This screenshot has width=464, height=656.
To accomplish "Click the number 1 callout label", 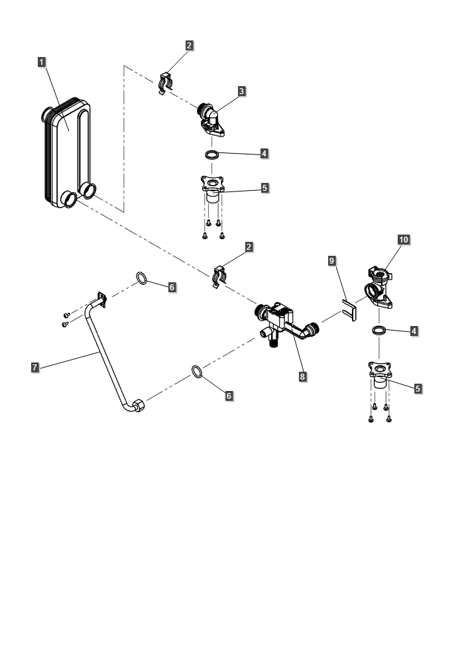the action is [41, 62].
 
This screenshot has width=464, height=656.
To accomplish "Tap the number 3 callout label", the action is [241, 91].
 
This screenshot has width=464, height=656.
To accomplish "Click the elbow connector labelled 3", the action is [211, 120].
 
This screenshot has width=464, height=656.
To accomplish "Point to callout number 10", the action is [403, 240].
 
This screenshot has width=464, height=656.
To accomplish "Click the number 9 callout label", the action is [332, 261].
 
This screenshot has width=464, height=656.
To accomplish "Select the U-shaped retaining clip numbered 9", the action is [349, 310].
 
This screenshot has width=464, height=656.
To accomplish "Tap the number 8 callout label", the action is [302, 376].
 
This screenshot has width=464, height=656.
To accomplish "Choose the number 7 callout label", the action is [35, 367].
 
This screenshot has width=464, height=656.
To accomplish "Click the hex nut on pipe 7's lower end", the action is [139, 406].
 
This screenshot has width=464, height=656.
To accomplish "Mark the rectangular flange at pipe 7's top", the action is [101, 300].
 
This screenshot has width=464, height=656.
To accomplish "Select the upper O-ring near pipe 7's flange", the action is [141, 278].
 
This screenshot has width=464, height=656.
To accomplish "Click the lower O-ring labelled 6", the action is [197, 372].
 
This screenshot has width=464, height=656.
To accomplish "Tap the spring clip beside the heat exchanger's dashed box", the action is [165, 83].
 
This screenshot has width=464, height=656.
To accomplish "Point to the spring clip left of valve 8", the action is [219, 276].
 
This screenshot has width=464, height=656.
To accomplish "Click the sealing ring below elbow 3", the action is [212, 155].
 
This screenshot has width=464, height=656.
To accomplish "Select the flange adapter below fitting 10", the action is [380, 374].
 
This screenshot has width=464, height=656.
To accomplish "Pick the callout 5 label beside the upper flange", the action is [264, 188].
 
